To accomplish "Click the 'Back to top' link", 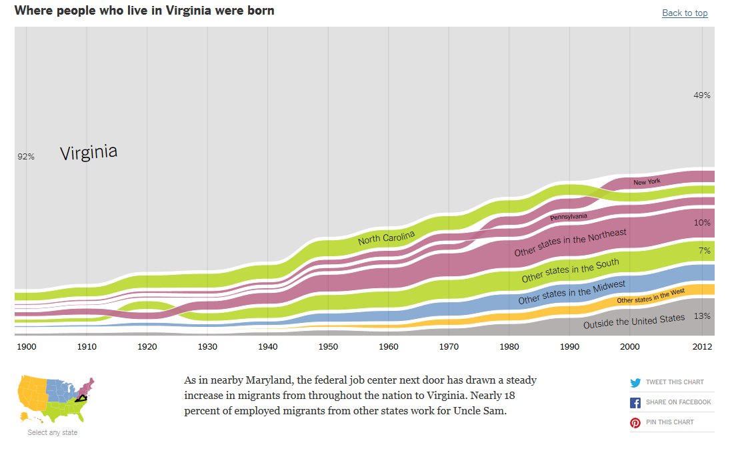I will [685, 13].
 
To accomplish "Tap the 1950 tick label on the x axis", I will [328, 347].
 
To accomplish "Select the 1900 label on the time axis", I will [27, 347].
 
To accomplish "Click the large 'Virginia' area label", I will [89, 153].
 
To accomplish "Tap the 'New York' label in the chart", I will [647, 182].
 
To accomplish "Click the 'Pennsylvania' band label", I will [569, 217].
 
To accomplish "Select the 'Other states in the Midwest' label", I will [571, 293].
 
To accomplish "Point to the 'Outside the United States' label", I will [634, 322].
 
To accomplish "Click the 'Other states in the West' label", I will [651, 296].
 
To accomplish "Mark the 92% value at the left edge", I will [26, 157].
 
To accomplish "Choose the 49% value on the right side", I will [702, 95].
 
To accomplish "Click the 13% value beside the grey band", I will [702, 316].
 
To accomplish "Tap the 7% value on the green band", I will [704, 251].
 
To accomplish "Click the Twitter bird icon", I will [635, 382].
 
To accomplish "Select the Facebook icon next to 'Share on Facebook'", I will [635, 402].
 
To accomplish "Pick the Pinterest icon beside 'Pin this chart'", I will [635, 422].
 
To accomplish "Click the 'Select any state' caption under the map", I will [53, 433].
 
